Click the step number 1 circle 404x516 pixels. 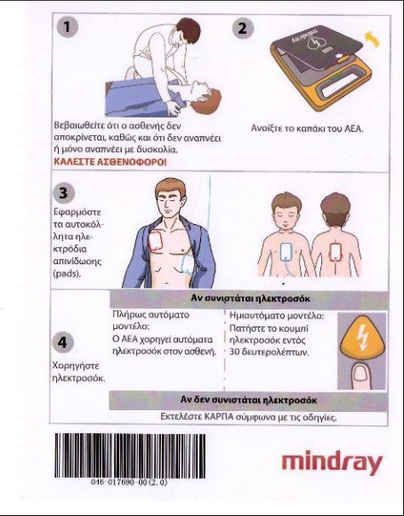67,27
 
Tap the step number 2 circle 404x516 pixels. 243,28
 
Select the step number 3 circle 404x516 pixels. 63,193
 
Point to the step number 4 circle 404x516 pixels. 62,343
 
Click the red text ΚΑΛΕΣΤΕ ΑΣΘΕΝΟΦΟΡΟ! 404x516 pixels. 110,162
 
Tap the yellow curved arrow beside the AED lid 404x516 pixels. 373,38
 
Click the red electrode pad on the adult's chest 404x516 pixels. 156,242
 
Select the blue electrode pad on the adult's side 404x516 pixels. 186,264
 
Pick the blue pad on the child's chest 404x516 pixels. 286,252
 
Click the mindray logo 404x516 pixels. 332,463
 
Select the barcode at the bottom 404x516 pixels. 130,456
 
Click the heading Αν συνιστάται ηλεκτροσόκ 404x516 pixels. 250,299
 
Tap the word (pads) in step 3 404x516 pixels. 67,274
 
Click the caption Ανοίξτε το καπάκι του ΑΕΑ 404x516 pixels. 307,128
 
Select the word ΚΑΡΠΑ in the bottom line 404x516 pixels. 219,417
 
